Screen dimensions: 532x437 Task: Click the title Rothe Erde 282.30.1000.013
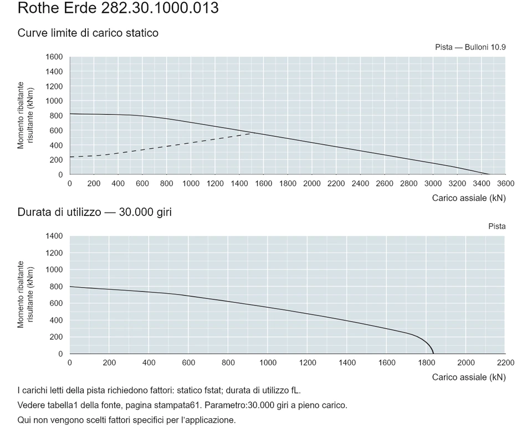118,8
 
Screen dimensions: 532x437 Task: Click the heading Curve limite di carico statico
88,33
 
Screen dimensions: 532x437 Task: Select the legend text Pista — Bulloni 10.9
470,47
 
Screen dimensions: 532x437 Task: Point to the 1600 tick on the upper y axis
54,57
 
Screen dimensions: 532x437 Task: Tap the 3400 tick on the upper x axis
481,184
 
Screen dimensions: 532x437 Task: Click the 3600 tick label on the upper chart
505,184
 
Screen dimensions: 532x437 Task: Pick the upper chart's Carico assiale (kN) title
469,198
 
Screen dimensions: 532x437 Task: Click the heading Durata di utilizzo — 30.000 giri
95,212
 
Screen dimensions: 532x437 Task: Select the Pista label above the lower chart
497,227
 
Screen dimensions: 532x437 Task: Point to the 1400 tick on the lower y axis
54,236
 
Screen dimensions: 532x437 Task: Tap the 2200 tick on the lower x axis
505,363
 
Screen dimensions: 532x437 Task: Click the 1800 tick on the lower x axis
427,363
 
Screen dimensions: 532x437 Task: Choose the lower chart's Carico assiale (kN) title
469,378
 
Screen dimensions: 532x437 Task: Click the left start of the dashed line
70,157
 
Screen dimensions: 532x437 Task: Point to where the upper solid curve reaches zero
489,174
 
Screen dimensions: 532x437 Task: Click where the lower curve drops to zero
433,354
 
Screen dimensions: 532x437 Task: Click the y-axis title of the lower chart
25,294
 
